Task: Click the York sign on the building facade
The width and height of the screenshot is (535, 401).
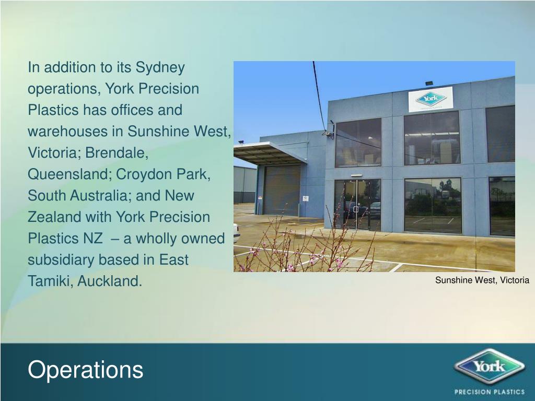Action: [431, 99]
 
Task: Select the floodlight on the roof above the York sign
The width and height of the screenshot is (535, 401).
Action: [429, 84]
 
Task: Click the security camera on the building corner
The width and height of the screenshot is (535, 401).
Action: [328, 133]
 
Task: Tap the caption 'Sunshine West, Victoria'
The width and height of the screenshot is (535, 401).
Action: [482, 280]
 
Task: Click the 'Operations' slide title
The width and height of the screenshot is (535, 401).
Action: [85, 370]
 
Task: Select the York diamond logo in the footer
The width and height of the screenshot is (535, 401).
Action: [489, 365]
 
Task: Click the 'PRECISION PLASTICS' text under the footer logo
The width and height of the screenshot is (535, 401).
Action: [490, 392]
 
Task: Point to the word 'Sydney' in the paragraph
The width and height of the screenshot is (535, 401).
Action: [160, 67]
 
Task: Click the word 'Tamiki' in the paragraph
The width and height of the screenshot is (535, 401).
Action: [50, 281]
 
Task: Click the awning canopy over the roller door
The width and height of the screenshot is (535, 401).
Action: [266, 152]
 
